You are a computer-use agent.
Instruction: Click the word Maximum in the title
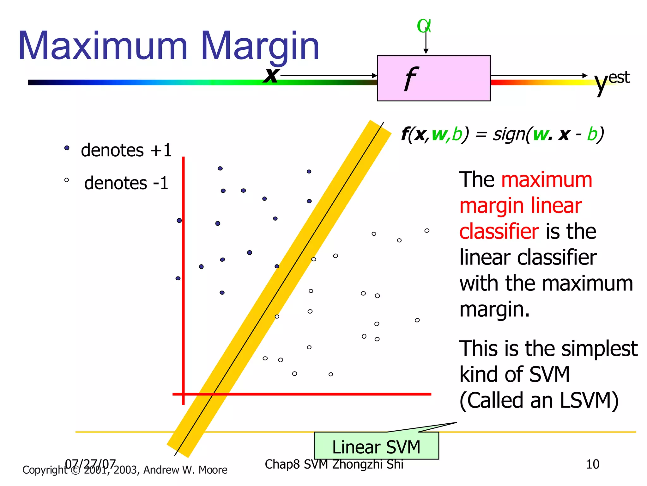tap(103, 46)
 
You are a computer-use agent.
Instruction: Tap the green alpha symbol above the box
tap(424, 26)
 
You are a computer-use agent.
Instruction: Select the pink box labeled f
tap(433, 78)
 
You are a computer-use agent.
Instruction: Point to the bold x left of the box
tap(271, 75)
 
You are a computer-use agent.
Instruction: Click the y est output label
tap(611, 81)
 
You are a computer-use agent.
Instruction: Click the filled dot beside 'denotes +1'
tap(67, 148)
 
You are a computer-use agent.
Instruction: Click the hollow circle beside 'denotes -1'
tap(66, 180)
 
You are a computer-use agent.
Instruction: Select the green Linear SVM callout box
tap(376, 445)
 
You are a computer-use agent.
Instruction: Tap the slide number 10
tap(592, 464)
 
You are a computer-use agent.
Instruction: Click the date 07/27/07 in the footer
tap(90, 464)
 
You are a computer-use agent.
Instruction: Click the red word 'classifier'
tap(499, 231)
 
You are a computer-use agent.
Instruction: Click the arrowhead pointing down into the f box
tap(426, 51)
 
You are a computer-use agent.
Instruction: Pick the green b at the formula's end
tap(592, 134)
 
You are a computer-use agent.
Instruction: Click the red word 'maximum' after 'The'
tap(547, 180)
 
